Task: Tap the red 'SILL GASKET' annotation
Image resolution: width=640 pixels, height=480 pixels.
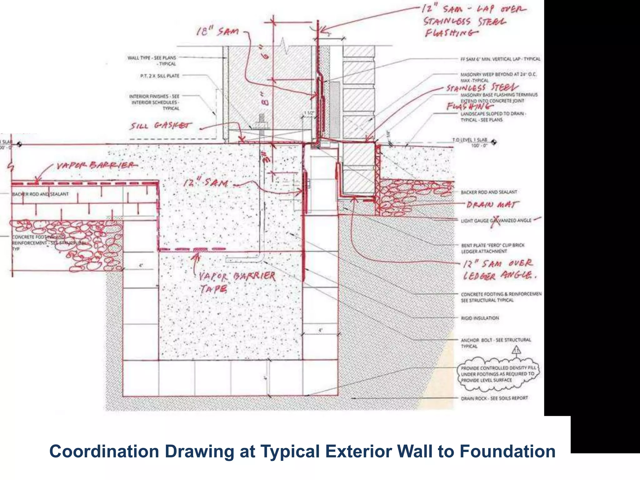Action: (161, 126)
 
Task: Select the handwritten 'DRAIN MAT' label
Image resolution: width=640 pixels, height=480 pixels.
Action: (492, 205)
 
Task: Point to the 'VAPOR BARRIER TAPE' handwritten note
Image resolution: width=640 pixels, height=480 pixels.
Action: (237, 282)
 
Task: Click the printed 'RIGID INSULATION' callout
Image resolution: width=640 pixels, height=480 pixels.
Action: (480, 318)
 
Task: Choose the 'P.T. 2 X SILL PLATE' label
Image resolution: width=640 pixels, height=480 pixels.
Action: (160, 76)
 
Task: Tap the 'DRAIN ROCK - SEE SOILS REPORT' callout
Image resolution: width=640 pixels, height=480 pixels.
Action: (494, 398)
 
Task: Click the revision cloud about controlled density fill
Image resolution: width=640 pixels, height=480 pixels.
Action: (498, 374)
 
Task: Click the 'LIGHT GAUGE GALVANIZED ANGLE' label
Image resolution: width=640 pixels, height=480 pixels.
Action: (496, 221)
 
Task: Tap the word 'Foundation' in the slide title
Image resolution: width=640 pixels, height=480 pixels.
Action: (507, 452)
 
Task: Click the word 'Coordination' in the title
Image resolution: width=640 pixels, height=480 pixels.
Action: (104, 452)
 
